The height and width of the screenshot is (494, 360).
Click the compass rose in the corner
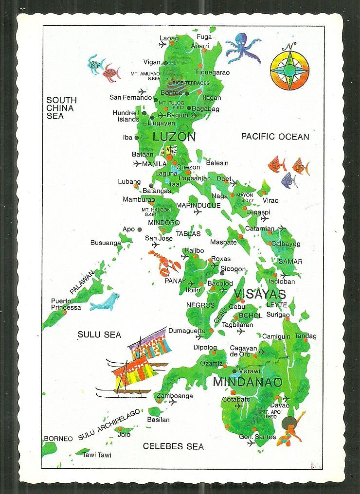click(x=289, y=69)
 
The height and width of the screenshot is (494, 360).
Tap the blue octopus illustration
click(x=242, y=48)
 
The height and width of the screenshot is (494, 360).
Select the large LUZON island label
click(x=174, y=137)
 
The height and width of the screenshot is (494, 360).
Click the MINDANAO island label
click(x=247, y=382)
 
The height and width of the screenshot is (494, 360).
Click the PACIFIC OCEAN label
click(x=275, y=137)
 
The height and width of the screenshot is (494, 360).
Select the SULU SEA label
click(x=99, y=335)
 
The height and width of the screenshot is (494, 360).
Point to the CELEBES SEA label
click(x=173, y=446)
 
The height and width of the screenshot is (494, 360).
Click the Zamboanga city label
click(x=175, y=396)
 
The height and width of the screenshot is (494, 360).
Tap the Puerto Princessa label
click(x=66, y=304)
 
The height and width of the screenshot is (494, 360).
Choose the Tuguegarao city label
click(x=213, y=72)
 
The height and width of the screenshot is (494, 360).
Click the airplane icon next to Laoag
click(x=162, y=45)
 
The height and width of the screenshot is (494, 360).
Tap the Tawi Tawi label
click(x=97, y=455)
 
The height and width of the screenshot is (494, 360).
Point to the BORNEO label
click(x=58, y=439)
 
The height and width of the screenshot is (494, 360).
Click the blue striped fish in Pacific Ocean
click(x=288, y=181)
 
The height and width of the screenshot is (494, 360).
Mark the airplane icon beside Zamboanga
click(x=173, y=403)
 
